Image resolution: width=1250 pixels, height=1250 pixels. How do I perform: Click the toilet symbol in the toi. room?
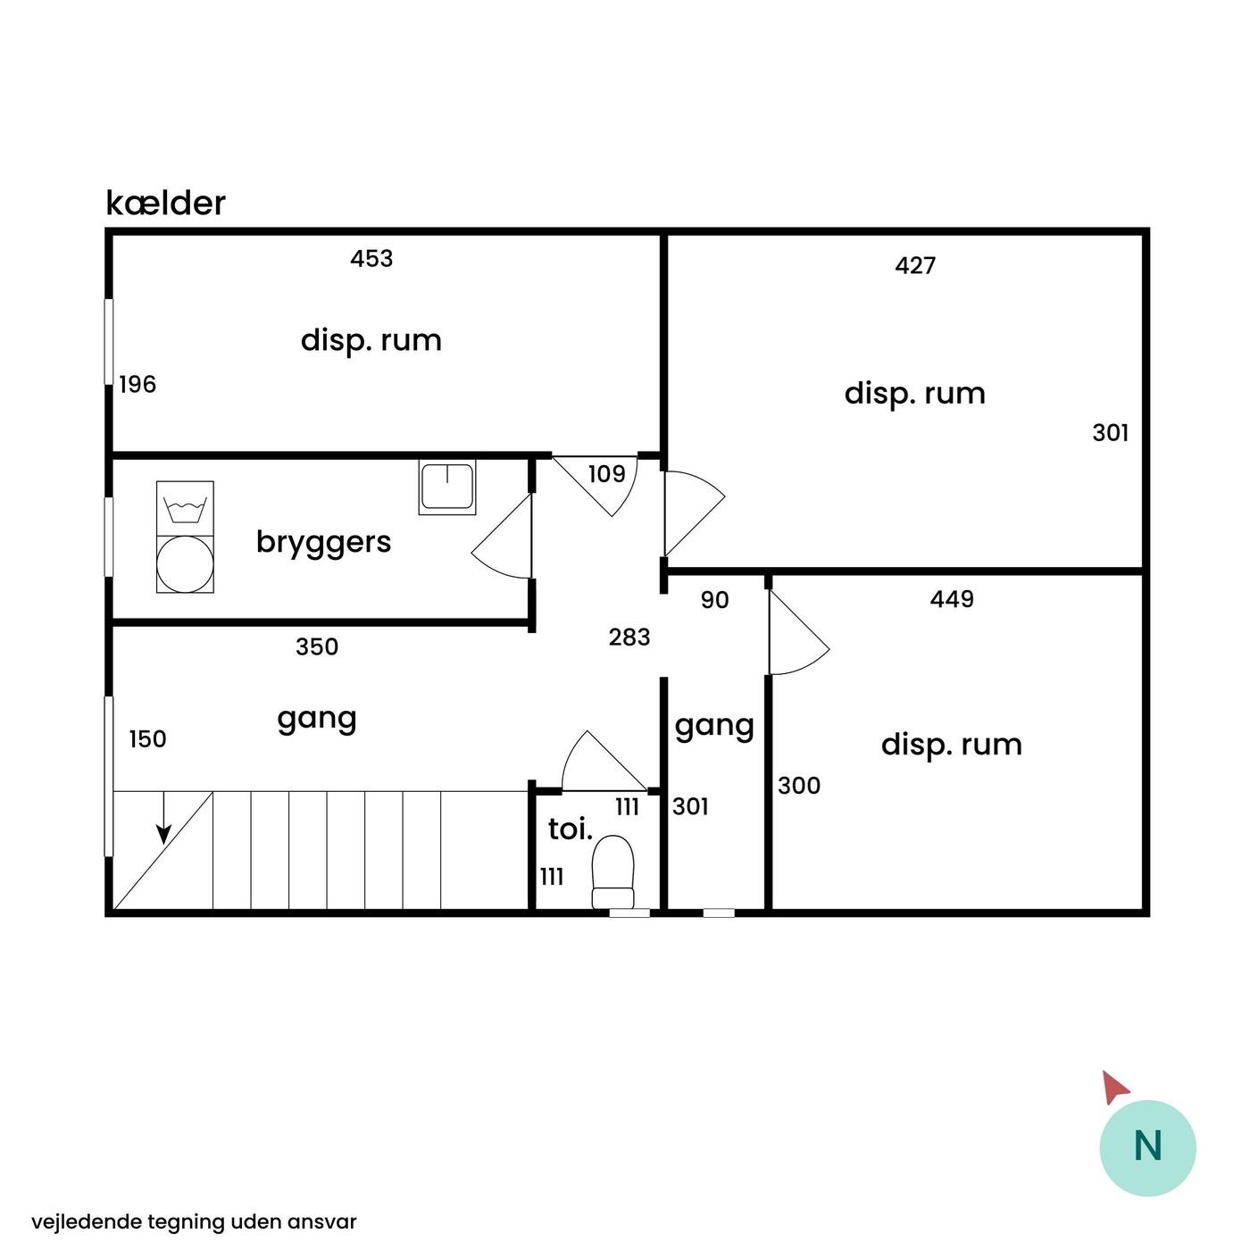(x=612, y=871)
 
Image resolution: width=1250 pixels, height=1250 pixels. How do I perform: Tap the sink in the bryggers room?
(x=447, y=487)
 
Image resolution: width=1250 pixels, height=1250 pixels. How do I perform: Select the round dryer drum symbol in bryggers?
(x=185, y=563)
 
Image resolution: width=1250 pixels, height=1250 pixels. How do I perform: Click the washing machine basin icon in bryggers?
(x=185, y=509)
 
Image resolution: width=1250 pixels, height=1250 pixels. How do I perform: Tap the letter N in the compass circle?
(x=1147, y=1146)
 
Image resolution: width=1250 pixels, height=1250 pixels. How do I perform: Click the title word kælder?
(x=165, y=203)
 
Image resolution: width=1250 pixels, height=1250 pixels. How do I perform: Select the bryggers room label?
(x=324, y=542)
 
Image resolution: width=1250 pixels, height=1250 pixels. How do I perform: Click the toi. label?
(x=571, y=829)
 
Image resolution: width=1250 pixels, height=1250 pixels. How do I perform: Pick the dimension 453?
(x=371, y=259)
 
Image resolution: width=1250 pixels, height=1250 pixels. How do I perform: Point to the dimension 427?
(x=915, y=265)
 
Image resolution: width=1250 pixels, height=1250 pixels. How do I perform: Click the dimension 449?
(x=952, y=599)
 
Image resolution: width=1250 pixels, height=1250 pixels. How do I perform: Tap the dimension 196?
(x=137, y=385)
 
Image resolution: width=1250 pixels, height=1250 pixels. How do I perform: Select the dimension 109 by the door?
(x=606, y=474)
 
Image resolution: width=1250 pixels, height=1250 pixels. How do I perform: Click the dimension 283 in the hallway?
(x=629, y=637)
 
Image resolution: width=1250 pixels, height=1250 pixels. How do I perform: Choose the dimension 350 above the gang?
(x=317, y=646)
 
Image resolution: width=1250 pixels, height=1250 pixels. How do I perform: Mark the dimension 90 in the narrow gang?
(x=715, y=600)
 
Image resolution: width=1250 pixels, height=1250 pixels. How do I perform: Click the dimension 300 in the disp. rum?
(x=799, y=786)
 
